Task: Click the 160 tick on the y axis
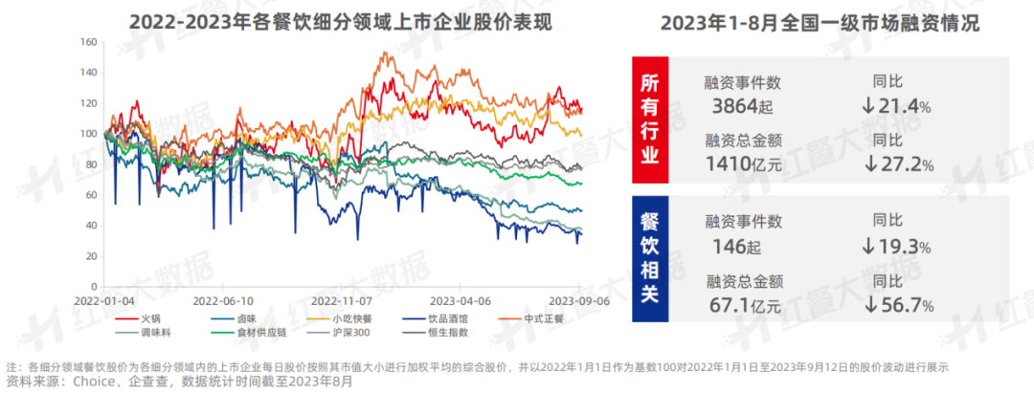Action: [x=89, y=43]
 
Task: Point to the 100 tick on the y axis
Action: [x=89, y=134]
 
